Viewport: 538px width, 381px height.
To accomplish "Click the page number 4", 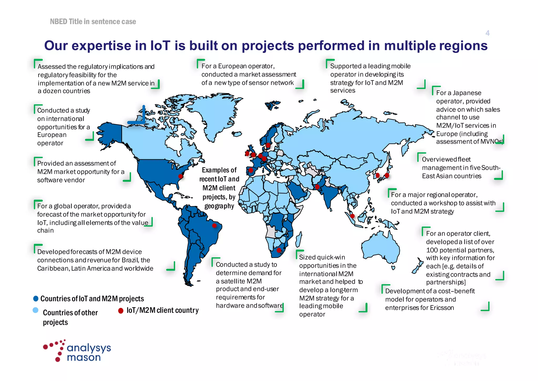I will point(487,33).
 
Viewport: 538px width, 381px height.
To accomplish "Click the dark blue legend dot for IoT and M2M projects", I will point(36,298).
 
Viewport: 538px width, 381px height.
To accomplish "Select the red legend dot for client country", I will point(121,311).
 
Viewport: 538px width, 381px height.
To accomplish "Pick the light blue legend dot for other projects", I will point(35,310).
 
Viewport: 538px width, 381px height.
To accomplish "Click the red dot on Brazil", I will point(214,225).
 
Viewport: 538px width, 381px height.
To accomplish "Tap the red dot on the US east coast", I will point(180,176).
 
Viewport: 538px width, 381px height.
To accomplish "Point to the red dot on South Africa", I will point(279,250).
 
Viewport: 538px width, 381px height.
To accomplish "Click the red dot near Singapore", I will point(353,216).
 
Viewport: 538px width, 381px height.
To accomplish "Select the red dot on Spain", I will point(251,171).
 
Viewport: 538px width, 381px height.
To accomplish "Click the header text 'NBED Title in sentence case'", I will point(93,22).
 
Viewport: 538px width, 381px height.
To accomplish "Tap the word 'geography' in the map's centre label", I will point(219,206).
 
